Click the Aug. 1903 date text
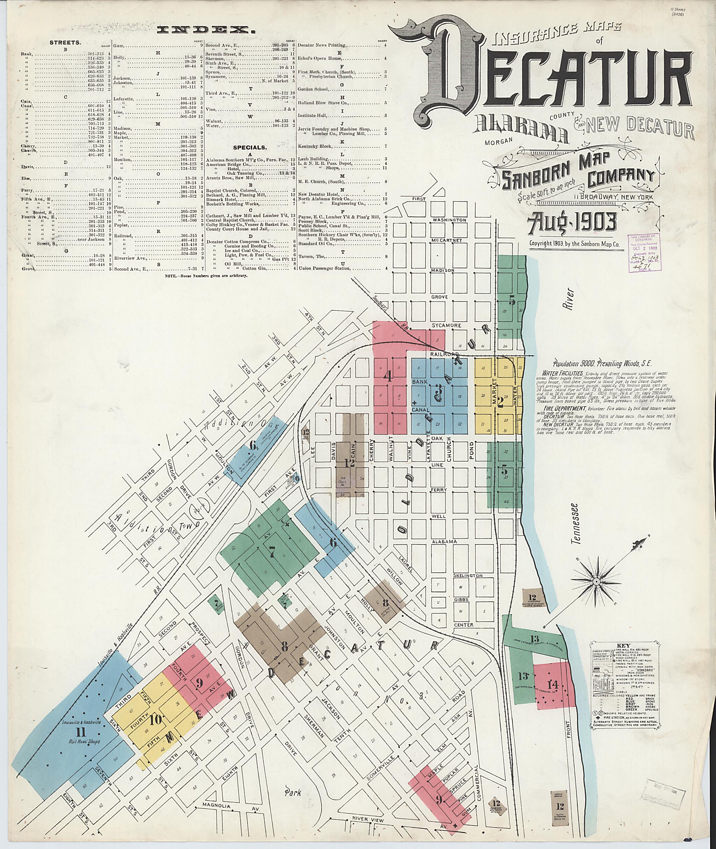(x=572, y=221)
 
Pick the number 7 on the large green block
(x=272, y=551)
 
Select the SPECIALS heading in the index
(x=250, y=148)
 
